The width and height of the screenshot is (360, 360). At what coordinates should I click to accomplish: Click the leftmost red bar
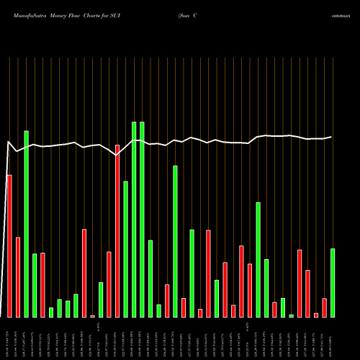click(x=9, y=246)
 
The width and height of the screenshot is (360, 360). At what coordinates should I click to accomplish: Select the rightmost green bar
click(x=333, y=282)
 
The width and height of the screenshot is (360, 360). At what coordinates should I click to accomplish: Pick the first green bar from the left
click(x=26, y=223)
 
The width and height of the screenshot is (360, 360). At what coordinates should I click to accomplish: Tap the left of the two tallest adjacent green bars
click(x=134, y=219)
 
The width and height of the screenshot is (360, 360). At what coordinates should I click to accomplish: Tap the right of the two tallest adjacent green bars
click(x=142, y=219)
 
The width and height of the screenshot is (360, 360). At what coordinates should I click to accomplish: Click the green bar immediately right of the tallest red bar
click(x=125, y=248)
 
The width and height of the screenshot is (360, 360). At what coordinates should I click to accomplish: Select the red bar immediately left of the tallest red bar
click(x=109, y=284)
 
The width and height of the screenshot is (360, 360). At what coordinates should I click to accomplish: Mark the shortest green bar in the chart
click(x=291, y=315)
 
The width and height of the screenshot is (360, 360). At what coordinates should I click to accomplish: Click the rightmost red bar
click(x=324, y=307)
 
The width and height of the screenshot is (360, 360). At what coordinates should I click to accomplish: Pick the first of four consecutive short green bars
click(x=51, y=312)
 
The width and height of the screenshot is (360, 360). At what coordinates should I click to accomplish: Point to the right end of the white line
click(x=332, y=137)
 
